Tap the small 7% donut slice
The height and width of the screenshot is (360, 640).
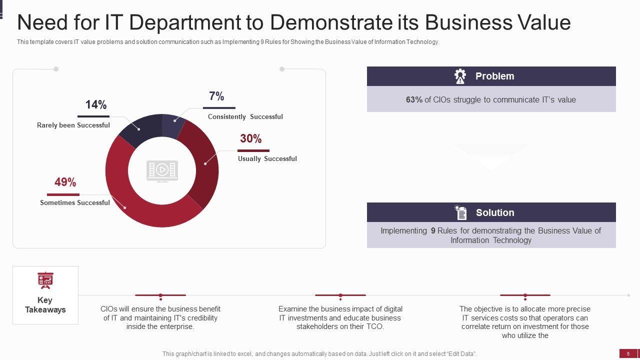click(172, 125)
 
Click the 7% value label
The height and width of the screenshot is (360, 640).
click(216, 96)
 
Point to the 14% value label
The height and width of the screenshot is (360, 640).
click(95, 105)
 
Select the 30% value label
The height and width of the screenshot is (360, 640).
click(250, 139)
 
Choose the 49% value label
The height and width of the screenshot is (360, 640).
click(65, 182)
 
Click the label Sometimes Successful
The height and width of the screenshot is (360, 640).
click(75, 202)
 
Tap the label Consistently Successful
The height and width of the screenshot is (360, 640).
click(245, 116)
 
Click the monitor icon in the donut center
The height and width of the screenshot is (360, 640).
click(162, 170)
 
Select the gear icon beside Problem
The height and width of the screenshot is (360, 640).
click(460, 76)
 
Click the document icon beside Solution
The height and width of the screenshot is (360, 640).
click(460, 212)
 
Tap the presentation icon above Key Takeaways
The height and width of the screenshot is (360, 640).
click(45, 280)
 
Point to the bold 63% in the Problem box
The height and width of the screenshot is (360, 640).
click(414, 99)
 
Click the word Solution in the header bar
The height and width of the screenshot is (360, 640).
click(495, 212)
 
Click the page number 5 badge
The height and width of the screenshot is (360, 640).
click(628, 353)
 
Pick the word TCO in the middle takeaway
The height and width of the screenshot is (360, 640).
click(375, 326)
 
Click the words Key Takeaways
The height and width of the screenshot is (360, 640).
click(45, 305)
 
